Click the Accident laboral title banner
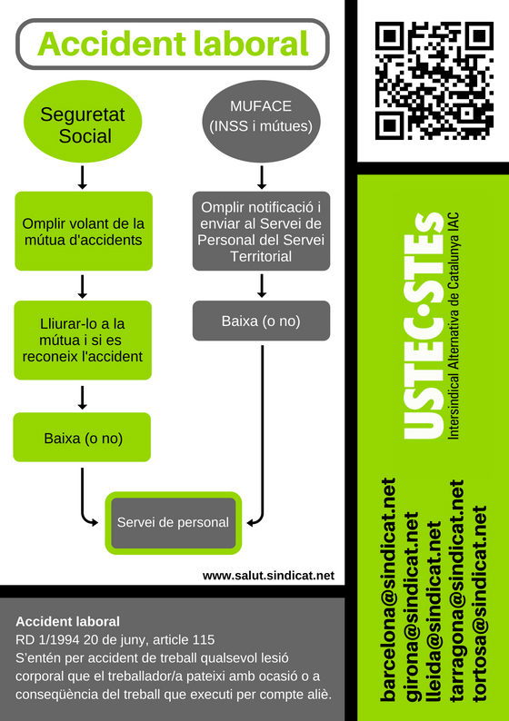(173, 44)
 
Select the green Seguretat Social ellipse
(83, 122)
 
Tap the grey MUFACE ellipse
(261, 122)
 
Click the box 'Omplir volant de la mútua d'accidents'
(84, 232)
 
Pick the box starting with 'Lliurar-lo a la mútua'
(83, 341)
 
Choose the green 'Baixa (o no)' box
(82, 438)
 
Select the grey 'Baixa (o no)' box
(261, 321)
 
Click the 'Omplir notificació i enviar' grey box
(261, 232)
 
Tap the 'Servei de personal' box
(173, 523)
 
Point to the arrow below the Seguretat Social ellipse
(83, 177)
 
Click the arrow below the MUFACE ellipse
(262, 177)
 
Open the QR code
(434, 81)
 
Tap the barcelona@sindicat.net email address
(388, 589)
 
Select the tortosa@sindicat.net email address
(479, 603)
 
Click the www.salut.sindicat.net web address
(268, 576)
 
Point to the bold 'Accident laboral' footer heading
(67, 622)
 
